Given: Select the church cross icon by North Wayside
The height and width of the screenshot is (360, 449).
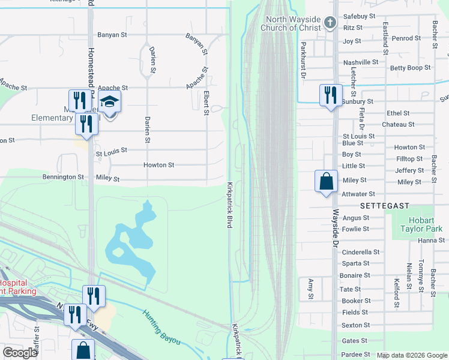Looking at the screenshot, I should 330,23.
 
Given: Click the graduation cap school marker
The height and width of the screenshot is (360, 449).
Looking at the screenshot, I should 110,102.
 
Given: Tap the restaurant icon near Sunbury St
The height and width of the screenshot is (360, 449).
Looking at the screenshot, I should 331,94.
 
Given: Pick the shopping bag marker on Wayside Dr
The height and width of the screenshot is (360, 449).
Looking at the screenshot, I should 325,181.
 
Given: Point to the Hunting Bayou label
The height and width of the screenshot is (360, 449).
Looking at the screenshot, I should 161,326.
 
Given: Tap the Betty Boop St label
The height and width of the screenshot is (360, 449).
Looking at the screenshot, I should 410,68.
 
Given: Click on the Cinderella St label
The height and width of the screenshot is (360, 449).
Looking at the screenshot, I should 361,252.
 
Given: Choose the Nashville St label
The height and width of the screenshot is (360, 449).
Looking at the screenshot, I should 360,62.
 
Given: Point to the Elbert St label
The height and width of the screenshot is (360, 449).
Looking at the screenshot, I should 206,102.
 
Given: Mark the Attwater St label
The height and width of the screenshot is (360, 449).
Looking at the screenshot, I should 358,194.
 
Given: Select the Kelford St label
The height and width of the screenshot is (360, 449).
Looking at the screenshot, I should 396,292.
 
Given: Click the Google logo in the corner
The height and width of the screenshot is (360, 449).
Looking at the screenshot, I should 20,353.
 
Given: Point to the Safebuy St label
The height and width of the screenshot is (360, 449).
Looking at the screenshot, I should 358,16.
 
